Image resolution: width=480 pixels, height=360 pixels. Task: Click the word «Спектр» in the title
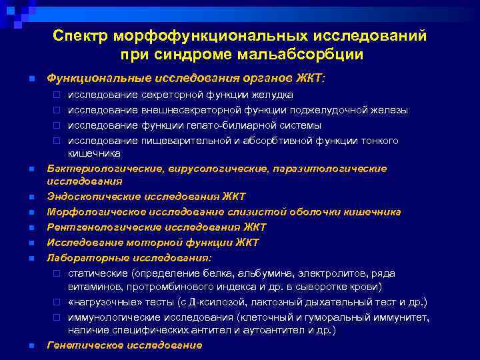click(x=80, y=35)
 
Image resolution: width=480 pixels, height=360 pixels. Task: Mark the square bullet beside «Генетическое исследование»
click(x=31, y=345)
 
